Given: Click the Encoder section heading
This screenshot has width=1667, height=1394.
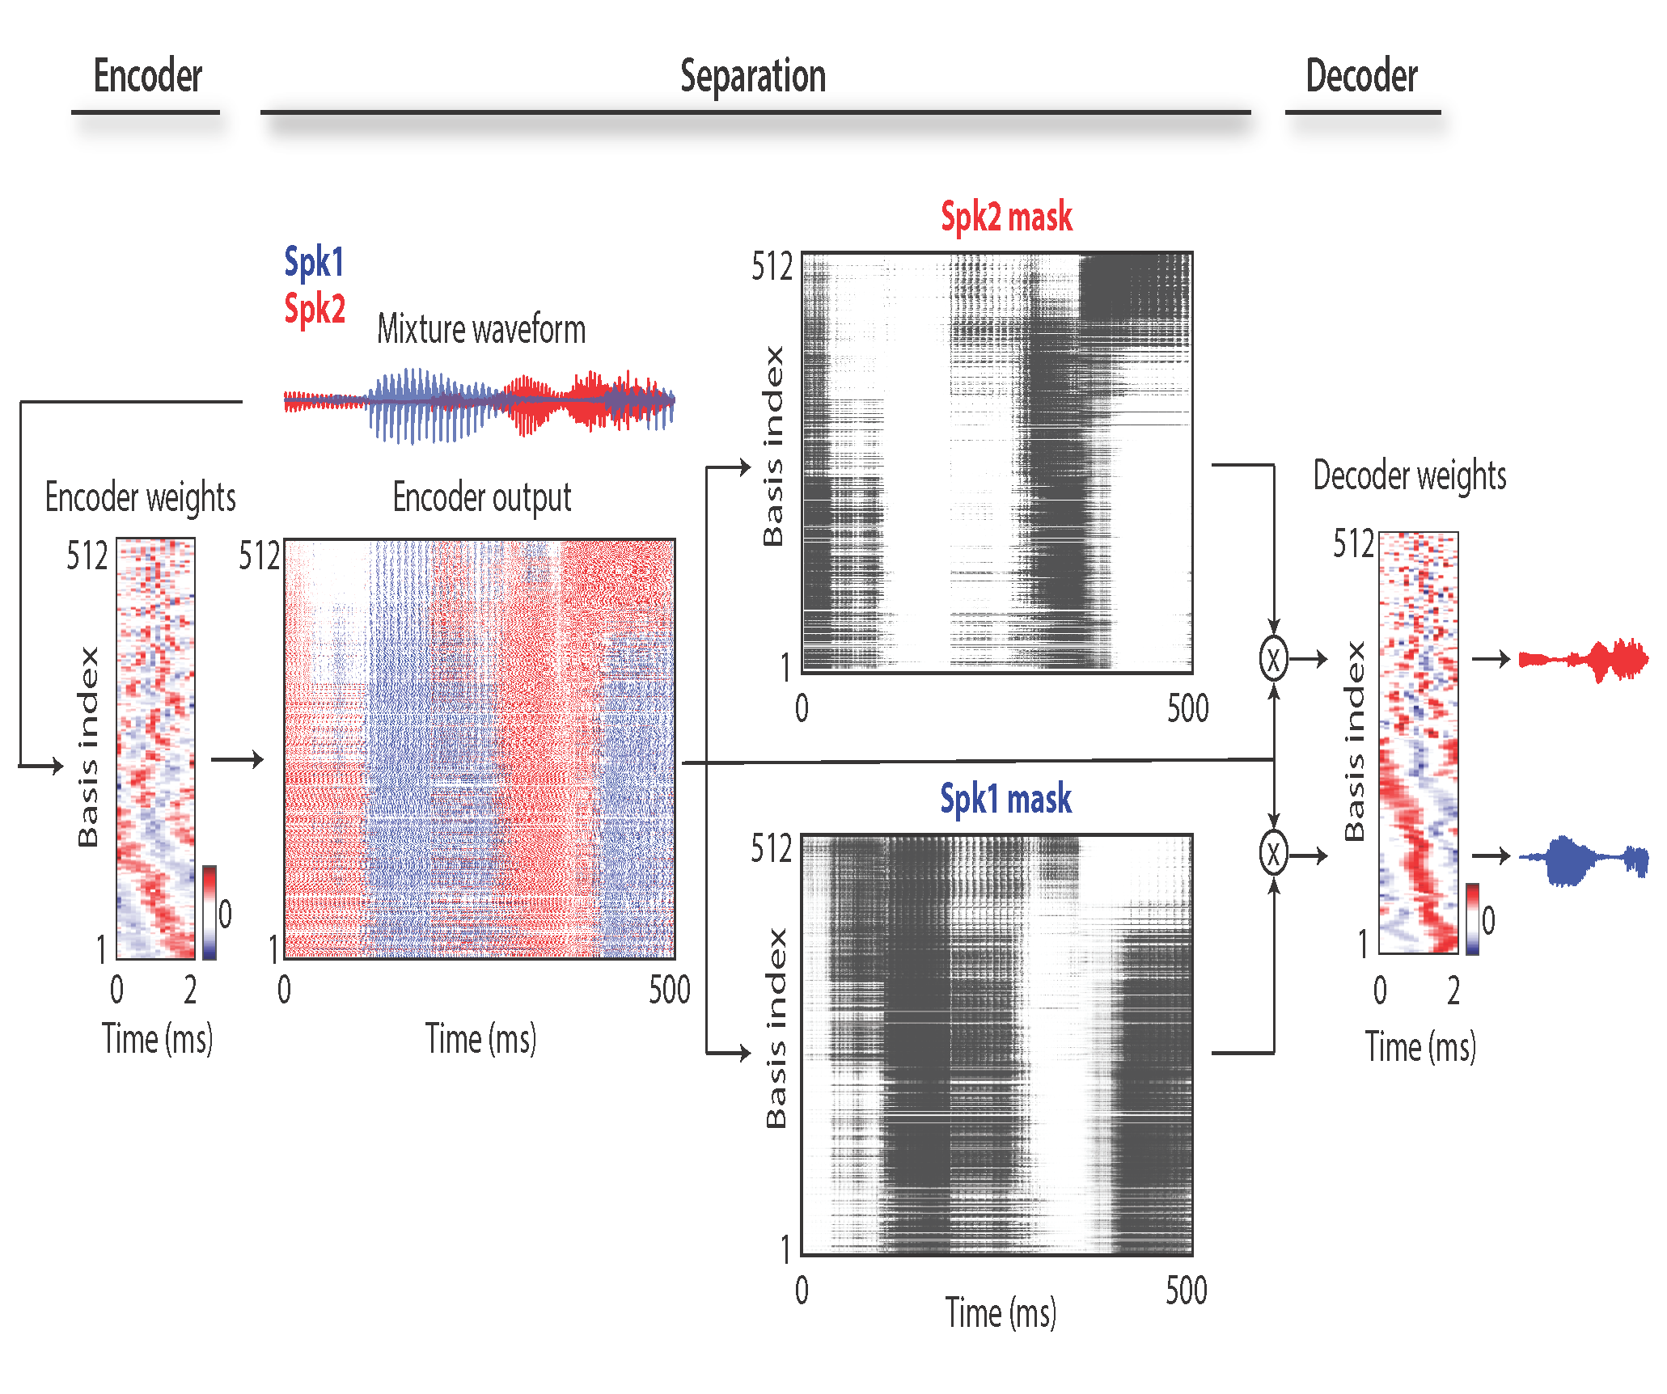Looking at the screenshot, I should (x=147, y=77).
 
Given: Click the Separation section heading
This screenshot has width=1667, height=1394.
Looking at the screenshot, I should (x=753, y=77).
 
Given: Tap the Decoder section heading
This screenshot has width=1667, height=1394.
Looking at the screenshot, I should (x=1361, y=77).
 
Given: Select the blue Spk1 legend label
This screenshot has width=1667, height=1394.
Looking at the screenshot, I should (x=314, y=262).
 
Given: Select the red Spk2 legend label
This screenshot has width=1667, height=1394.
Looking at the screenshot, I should (x=315, y=309).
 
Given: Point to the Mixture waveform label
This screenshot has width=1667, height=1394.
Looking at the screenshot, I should (x=481, y=329).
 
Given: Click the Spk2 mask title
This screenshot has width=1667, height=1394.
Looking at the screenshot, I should (x=1006, y=217).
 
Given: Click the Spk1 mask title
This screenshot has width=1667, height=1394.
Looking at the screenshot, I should (x=1005, y=799).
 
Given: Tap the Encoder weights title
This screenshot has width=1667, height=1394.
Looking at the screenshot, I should (x=140, y=496).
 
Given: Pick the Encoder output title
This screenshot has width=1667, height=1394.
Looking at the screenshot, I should (x=482, y=496).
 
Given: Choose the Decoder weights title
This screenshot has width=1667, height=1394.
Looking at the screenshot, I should (x=1409, y=475).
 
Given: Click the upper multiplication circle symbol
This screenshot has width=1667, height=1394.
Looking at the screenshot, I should (x=1273, y=659).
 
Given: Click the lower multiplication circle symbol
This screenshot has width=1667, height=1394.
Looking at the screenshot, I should (x=1273, y=854).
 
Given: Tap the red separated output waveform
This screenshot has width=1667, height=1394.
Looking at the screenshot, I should (x=1583, y=660).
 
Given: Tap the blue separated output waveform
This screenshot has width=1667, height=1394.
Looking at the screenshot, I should (x=1583, y=859).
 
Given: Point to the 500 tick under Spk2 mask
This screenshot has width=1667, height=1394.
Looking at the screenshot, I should (x=1187, y=708).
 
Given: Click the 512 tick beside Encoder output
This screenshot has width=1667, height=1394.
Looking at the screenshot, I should (x=258, y=556).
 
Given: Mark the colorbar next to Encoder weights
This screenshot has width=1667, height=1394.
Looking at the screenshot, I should (x=209, y=912).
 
